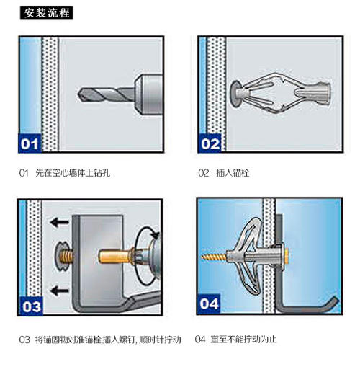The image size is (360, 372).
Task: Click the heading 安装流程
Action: click(x=46, y=13)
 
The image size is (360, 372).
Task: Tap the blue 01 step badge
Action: click(x=30, y=143)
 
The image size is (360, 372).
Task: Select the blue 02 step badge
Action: click(x=210, y=143)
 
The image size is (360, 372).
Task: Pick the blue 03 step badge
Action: click(x=31, y=306)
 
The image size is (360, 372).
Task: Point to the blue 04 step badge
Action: click(x=209, y=304)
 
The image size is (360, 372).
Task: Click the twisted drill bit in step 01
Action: click(x=106, y=94)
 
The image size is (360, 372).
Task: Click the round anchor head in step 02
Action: click(x=235, y=94)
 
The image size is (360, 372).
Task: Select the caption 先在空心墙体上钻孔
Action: click(x=73, y=173)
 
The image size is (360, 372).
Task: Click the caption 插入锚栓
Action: click(x=233, y=173)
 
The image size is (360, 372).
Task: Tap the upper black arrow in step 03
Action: click(x=60, y=222)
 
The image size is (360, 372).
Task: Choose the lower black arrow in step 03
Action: click(x=60, y=291)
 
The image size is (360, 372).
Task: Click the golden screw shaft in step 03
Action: click(x=116, y=257)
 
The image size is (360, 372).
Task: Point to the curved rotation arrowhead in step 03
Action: click(x=156, y=234)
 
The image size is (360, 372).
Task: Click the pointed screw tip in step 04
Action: click(x=203, y=257)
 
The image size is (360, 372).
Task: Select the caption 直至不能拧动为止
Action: click(x=243, y=340)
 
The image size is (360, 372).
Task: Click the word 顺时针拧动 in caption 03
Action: click(x=160, y=340)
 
